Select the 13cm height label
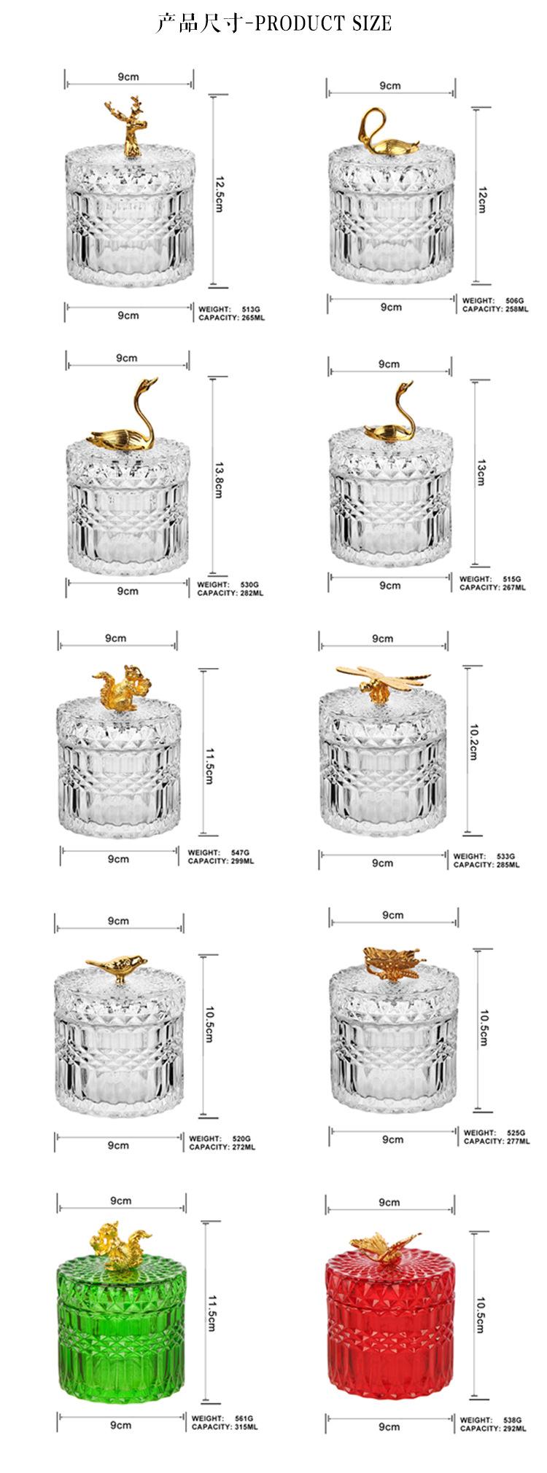coord(481,473)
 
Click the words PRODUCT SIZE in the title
coord(324,23)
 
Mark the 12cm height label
coord(481,198)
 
